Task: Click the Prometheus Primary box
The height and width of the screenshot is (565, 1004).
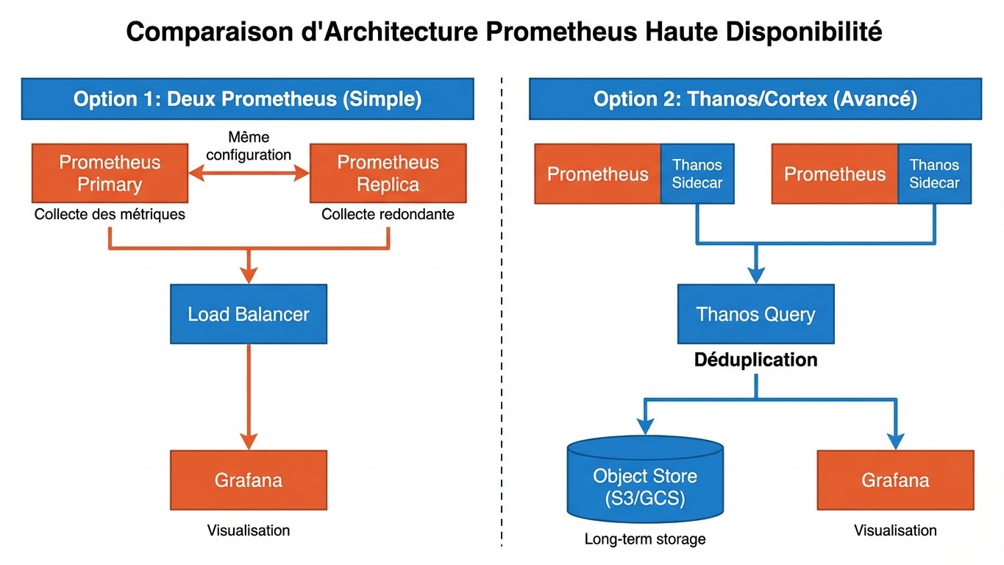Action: (110, 173)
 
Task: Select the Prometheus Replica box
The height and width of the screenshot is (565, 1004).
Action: (388, 173)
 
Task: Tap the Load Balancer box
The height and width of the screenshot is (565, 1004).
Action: (249, 314)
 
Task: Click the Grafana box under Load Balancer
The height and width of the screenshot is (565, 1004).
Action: (249, 480)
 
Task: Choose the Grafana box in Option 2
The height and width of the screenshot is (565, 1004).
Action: (895, 480)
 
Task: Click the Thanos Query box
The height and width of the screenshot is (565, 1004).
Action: (755, 314)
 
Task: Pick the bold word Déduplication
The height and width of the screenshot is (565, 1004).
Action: (755, 360)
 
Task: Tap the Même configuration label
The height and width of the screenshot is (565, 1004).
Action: (249, 146)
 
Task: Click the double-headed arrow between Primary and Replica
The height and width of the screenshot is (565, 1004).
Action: (249, 173)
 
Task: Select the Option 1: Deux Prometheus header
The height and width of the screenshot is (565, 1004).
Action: (247, 99)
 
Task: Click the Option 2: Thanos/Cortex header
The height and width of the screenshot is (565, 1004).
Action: (755, 99)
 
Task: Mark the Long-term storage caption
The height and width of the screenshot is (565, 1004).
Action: (645, 539)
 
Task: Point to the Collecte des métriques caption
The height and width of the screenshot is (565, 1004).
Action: (110, 215)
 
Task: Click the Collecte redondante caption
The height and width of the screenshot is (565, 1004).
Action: (388, 215)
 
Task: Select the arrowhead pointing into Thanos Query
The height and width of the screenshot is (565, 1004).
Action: (755, 274)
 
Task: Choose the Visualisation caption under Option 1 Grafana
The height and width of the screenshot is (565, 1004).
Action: (249, 530)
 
